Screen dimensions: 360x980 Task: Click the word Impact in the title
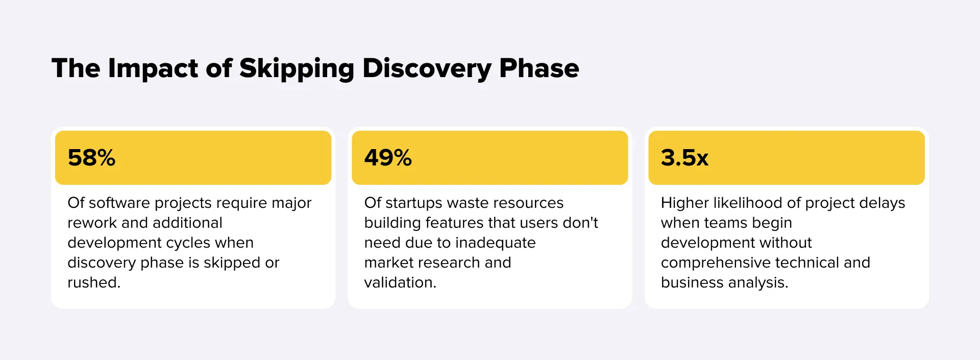point(153,68)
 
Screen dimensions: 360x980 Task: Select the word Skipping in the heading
point(297,68)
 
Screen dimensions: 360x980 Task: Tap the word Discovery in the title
point(427,68)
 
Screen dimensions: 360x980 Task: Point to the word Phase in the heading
point(539,68)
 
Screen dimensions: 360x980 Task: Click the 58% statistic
point(91,158)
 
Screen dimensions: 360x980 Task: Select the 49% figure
point(388,158)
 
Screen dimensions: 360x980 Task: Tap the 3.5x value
point(684,158)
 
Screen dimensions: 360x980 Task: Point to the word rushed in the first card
point(93,283)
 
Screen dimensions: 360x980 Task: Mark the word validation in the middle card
point(399,283)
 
